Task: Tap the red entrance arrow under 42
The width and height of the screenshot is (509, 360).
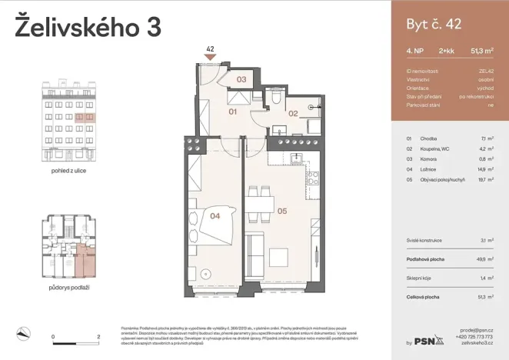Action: (209, 57)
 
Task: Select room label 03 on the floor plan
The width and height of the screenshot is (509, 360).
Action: (240, 79)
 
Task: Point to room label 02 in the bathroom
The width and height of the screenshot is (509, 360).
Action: (293, 113)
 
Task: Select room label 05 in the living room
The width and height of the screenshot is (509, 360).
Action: (281, 209)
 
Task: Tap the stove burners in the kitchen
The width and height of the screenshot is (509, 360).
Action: (312, 178)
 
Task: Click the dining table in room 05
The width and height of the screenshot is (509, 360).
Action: (267, 204)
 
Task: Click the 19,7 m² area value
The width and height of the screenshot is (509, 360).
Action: (485, 178)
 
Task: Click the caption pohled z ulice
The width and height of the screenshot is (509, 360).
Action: (68, 170)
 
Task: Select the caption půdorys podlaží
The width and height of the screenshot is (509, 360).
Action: (68, 286)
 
